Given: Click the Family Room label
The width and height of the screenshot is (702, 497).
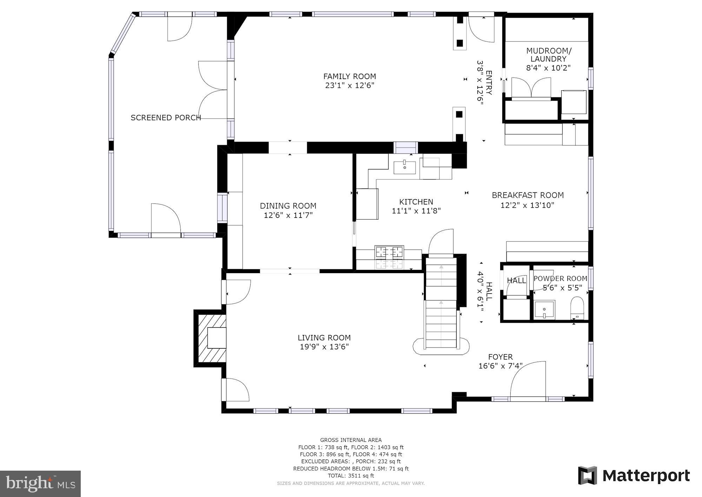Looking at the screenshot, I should (350, 76).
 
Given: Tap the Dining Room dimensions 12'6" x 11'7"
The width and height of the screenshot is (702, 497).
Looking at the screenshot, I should (288, 215).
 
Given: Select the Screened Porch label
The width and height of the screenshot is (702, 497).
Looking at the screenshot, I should (166, 118).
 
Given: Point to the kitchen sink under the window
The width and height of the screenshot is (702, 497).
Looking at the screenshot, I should (404, 168).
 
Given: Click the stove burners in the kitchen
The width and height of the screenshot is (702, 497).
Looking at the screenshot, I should (389, 252).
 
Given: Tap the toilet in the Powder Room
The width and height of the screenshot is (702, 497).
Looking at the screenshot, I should (577, 306).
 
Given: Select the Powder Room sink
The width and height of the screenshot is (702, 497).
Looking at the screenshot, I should (544, 309).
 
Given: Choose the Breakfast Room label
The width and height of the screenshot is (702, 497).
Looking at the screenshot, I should (528, 195).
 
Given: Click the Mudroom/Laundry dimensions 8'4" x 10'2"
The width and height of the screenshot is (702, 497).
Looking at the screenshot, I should (548, 68).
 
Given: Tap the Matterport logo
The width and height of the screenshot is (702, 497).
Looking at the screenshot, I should (634, 476).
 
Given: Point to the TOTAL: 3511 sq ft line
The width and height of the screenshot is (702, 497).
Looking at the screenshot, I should (351, 476).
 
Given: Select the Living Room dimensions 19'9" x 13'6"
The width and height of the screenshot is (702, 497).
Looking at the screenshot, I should (324, 347).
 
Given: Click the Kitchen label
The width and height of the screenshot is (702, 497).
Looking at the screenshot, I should (416, 202).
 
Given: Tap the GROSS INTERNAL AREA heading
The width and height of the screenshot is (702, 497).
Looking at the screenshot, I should (351, 440).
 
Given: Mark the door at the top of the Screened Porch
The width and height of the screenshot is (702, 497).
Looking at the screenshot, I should (180, 28).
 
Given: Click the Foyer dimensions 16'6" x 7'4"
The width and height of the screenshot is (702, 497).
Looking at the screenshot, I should (500, 366).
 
